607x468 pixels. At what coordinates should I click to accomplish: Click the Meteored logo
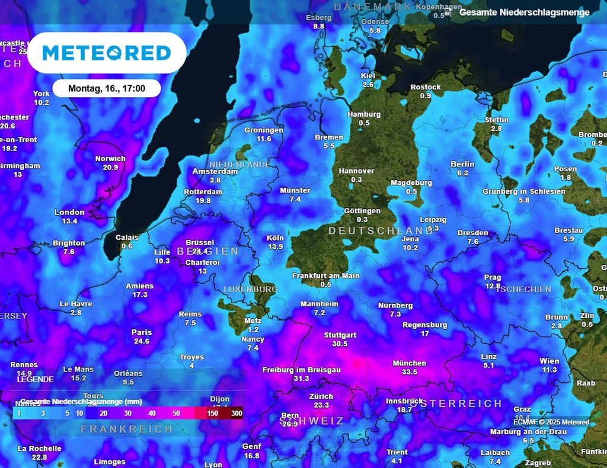coord(107,53)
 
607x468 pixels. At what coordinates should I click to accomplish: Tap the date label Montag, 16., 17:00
coord(107,88)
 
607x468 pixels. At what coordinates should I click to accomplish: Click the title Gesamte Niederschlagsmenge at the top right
coord(525,12)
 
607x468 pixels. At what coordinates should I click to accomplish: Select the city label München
coord(409,363)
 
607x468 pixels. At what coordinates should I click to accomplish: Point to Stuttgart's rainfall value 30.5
coord(340,344)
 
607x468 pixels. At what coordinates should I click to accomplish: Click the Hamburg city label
coord(363,114)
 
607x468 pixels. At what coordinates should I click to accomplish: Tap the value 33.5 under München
coord(409,372)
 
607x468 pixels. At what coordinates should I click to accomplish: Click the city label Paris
coord(142,332)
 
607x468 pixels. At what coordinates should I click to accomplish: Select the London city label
coord(69,212)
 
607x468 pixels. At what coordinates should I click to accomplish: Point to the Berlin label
coord(462,164)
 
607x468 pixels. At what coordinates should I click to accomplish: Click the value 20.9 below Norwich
coord(110,167)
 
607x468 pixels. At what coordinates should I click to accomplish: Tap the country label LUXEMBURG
coord(250,289)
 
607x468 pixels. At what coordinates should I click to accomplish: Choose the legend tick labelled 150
coord(213,413)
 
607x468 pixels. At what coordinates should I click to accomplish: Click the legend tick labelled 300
coord(237,413)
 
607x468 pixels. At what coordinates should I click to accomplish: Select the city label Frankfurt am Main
coord(325,275)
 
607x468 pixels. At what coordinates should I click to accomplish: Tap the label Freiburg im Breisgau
coord(301,370)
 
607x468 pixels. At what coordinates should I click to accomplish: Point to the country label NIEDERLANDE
coord(239,164)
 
